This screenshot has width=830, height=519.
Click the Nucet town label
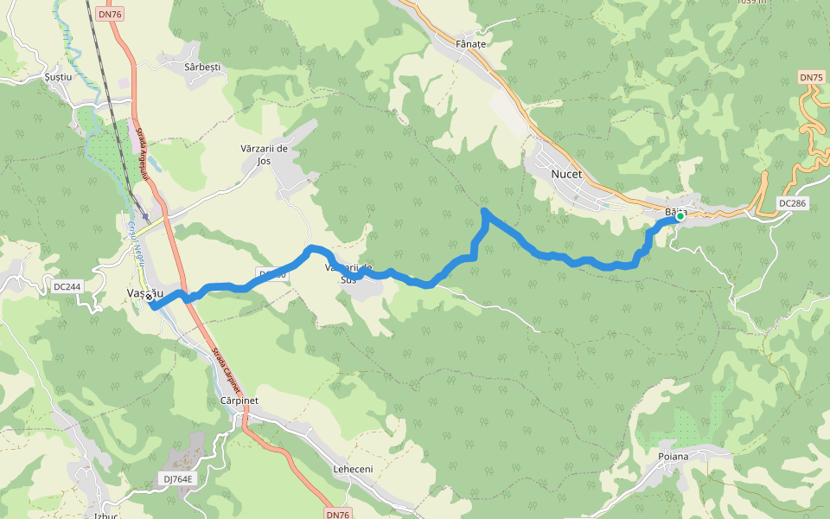click(566, 174)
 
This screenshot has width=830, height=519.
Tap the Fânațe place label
click(471, 43)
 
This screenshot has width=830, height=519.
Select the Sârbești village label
click(203, 67)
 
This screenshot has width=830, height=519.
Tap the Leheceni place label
click(353, 469)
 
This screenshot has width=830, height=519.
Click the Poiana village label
click(674, 456)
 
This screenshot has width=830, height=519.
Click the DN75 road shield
click(811, 78)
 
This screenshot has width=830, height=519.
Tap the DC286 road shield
click(792, 203)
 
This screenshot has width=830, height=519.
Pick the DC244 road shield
click(67, 286)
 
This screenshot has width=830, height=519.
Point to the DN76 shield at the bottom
click(338, 514)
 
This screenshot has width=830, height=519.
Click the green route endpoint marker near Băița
click(680, 217)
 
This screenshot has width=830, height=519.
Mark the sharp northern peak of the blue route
click(484, 210)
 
